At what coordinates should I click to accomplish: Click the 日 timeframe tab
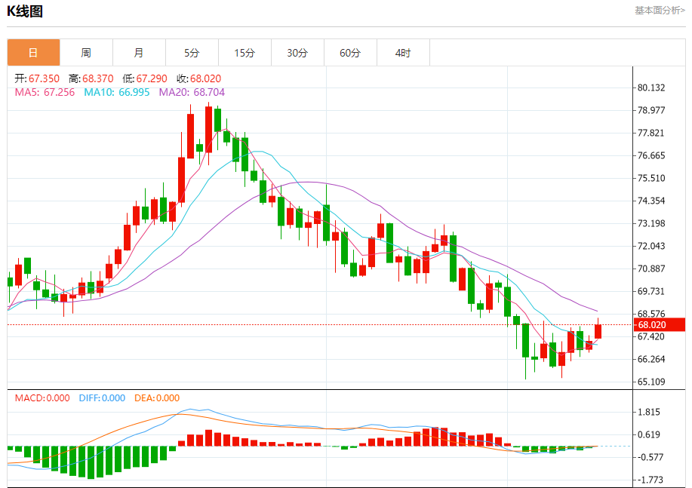[33, 53]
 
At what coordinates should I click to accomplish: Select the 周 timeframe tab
[86, 53]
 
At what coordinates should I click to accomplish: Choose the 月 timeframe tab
[139, 53]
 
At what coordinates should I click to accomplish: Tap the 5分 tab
[192, 53]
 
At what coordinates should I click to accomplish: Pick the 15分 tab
[245, 53]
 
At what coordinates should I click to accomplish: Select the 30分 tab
[297, 53]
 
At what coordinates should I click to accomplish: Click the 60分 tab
[350, 53]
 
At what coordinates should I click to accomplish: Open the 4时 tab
[403, 53]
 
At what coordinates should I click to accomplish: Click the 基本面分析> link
[660, 11]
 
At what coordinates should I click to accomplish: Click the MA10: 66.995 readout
[117, 92]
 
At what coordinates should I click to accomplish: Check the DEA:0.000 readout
[157, 397]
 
